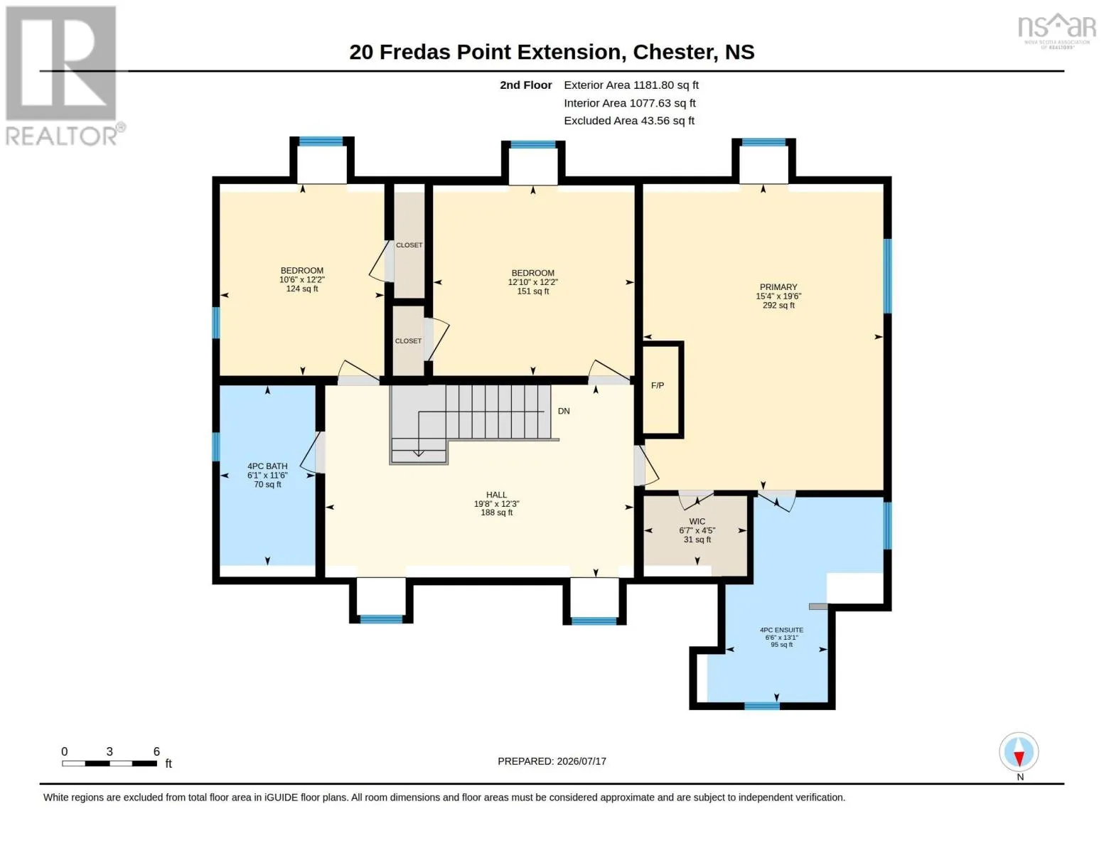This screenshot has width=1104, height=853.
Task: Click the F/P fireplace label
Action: pos(657,385)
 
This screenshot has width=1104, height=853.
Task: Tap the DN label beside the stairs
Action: pos(564,411)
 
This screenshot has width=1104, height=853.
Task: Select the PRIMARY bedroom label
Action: pos(778,287)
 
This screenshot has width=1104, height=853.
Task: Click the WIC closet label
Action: pos(697,521)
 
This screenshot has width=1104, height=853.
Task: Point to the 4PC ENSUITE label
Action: pos(781,630)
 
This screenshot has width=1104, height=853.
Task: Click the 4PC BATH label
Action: pos(267,466)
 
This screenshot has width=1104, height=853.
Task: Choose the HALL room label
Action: pos(496,495)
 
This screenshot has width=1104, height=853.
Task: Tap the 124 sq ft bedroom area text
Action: pos(302,289)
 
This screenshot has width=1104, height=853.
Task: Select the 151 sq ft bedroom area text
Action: pos(532,291)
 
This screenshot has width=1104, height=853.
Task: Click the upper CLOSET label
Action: pos(409,245)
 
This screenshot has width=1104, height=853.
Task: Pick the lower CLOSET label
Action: pos(408,341)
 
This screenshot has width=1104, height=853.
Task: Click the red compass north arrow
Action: pos(1019,758)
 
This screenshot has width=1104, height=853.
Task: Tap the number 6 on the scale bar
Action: pos(156,751)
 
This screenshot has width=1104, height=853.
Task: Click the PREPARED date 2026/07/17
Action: pos(582,761)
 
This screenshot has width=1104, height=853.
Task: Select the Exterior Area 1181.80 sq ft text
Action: pos(631,85)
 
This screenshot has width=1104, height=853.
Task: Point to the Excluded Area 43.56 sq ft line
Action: pos(629,120)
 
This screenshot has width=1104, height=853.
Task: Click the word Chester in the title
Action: pos(672,52)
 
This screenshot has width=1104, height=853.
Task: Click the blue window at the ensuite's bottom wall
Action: pos(762,706)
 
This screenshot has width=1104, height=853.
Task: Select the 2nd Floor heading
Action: pos(525,85)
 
